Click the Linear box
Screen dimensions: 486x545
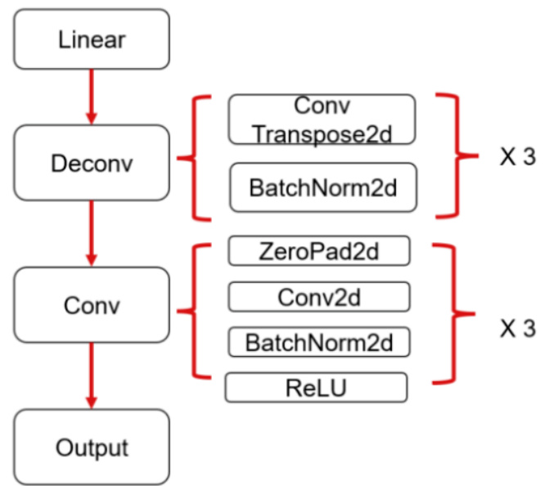(x=91, y=39)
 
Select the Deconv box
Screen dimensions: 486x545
(x=91, y=162)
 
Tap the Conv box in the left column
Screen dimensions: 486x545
(x=91, y=306)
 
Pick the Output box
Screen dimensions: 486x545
(x=91, y=447)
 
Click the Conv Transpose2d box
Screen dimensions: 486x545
(x=322, y=119)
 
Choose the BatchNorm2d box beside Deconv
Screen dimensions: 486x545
(x=322, y=187)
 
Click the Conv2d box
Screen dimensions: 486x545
(x=318, y=297)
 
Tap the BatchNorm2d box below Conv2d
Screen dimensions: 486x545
(x=318, y=342)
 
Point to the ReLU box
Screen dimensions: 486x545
(x=316, y=388)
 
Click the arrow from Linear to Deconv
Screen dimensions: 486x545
(x=91, y=96)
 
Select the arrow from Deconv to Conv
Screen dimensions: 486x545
(x=91, y=232)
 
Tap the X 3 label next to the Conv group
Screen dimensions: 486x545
(x=517, y=329)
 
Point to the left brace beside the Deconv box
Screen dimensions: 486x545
(x=194, y=157)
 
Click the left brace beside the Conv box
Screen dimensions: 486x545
(x=194, y=311)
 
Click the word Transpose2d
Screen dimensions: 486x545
(x=322, y=133)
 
